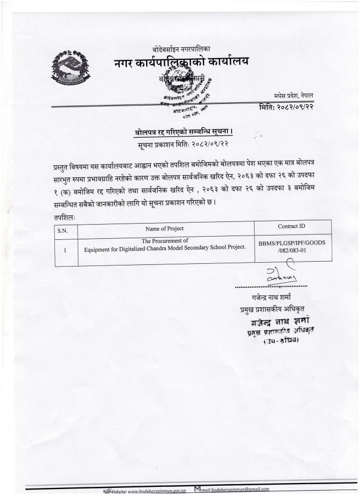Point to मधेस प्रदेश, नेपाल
(298, 96)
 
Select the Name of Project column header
(165, 229)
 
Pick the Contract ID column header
(292, 226)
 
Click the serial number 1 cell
(65, 251)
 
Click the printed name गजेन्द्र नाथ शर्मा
(271, 298)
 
